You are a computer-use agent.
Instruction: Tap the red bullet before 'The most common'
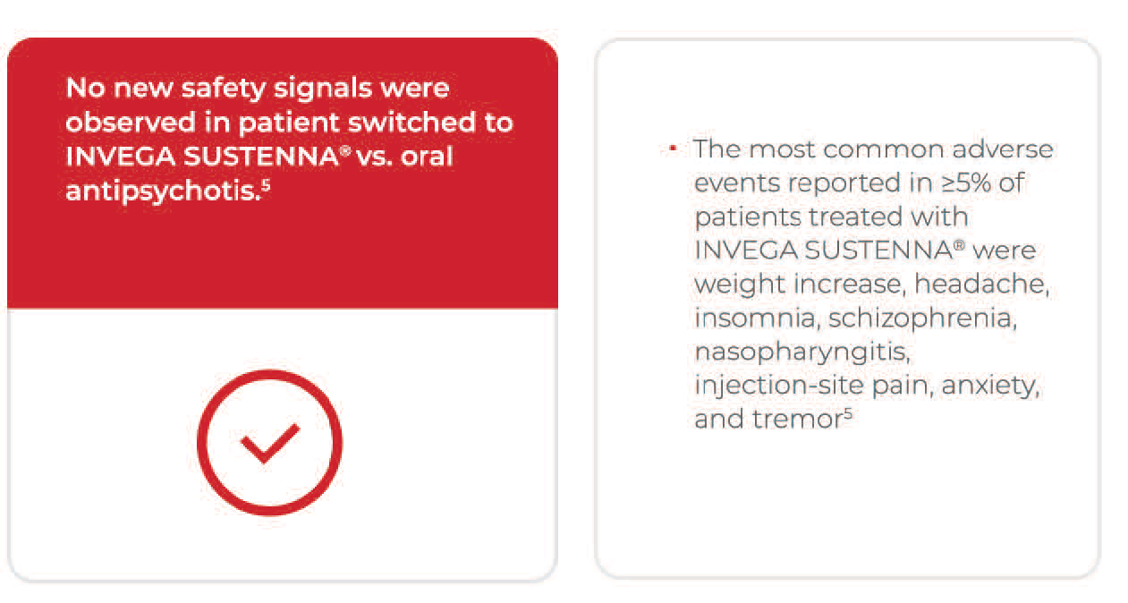[x=673, y=149]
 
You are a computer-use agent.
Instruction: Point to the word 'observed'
[x=131, y=122]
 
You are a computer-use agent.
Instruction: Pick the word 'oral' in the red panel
[x=427, y=157]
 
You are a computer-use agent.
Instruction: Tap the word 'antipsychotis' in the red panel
[x=163, y=191]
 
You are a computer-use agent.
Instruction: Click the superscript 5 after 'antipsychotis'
[x=266, y=185]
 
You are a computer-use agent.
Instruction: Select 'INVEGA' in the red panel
[x=121, y=157]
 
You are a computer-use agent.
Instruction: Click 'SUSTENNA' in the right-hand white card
[x=878, y=251]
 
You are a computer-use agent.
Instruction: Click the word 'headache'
[x=981, y=284]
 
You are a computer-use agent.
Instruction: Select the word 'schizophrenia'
[x=922, y=318]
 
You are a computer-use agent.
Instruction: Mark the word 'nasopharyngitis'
[x=802, y=352]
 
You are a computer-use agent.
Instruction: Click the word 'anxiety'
[x=990, y=386]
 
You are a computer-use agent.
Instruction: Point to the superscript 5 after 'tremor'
[x=848, y=413]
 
